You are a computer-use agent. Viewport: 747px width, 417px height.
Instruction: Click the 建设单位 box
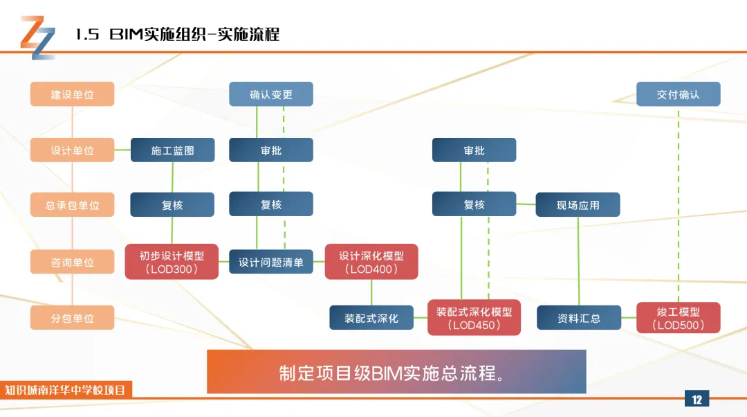point(73,94)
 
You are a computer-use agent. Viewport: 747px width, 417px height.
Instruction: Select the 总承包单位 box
point(73,204)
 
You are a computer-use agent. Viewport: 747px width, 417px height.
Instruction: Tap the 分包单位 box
point(73,318)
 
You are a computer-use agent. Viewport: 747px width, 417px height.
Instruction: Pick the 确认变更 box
point(271,94)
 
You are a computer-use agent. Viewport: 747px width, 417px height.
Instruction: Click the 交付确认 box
point(679,94)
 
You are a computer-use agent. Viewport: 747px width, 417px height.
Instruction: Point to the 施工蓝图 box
point(172,150)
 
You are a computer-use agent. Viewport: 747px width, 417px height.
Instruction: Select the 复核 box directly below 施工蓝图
point(172,204)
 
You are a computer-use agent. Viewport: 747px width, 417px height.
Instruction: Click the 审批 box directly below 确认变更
point(271,150)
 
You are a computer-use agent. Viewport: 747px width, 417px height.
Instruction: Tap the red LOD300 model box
point(172,261)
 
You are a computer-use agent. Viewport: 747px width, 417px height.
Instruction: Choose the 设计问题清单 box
point(271,261)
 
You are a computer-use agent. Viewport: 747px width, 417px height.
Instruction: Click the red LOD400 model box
point(371,261)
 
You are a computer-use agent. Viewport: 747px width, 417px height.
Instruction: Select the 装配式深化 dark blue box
point(371,318)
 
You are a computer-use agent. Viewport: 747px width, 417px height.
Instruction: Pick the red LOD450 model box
point(474,318)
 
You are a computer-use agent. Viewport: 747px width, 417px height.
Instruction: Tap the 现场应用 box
point(578,204)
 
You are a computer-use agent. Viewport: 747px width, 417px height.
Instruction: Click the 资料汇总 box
point(579,318)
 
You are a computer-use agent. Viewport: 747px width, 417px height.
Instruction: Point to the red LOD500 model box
point(679,318)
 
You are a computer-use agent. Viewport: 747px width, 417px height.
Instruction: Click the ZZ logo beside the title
point(37,37)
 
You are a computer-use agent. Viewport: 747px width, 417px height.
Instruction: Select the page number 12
point(697,399)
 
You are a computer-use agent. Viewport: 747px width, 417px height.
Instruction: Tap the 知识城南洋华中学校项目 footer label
point(65,390)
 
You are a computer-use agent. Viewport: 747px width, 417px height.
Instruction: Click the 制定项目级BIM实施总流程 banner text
point(392,373)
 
